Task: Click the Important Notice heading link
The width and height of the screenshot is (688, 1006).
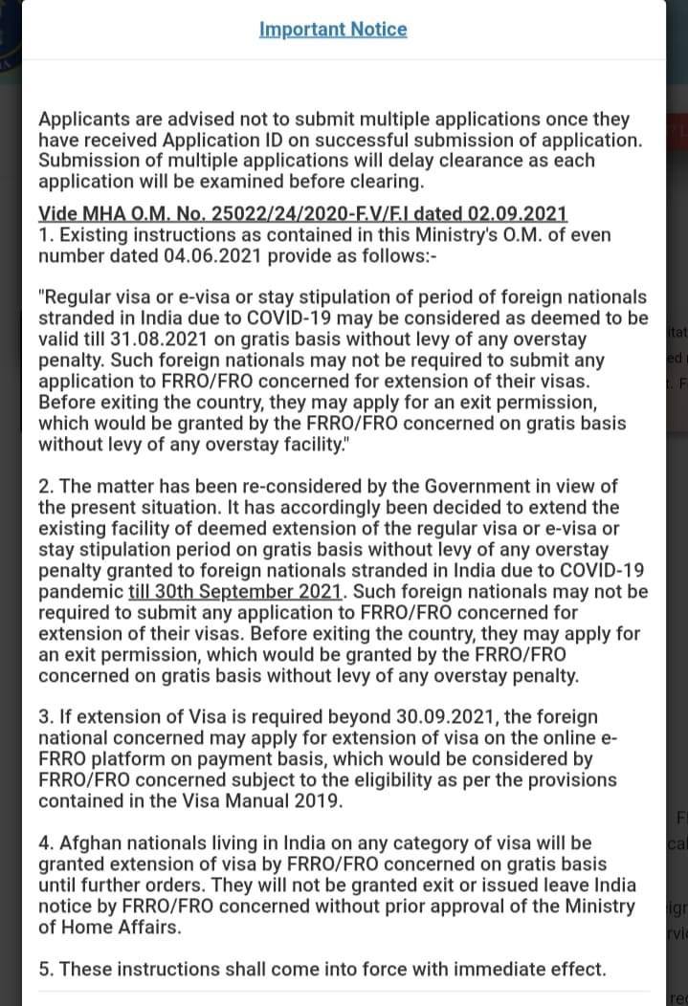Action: (333, 29)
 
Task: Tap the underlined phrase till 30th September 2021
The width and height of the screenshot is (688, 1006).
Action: (235, 591)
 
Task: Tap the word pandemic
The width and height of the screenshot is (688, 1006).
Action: (80, 591)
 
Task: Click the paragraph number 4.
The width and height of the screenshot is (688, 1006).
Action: (45, 843)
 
